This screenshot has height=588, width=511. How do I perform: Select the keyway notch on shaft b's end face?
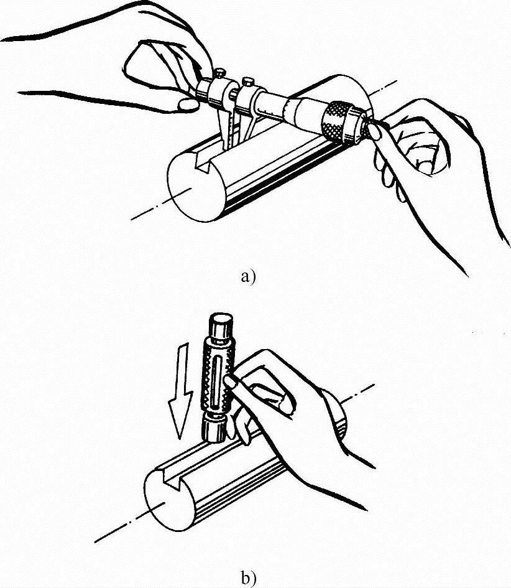[x=171, y=477]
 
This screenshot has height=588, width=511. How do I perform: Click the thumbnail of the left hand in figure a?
[x=188, y=104]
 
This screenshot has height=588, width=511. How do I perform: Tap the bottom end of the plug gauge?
[x=214, y=429]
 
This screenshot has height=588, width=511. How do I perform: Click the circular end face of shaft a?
[x=196, y=189]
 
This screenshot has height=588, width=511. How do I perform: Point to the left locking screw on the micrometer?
[x=219, y=72]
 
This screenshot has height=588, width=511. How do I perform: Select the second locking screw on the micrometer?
[x=248, y=82]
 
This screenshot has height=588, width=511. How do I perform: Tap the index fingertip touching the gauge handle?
[x=229, y=382]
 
